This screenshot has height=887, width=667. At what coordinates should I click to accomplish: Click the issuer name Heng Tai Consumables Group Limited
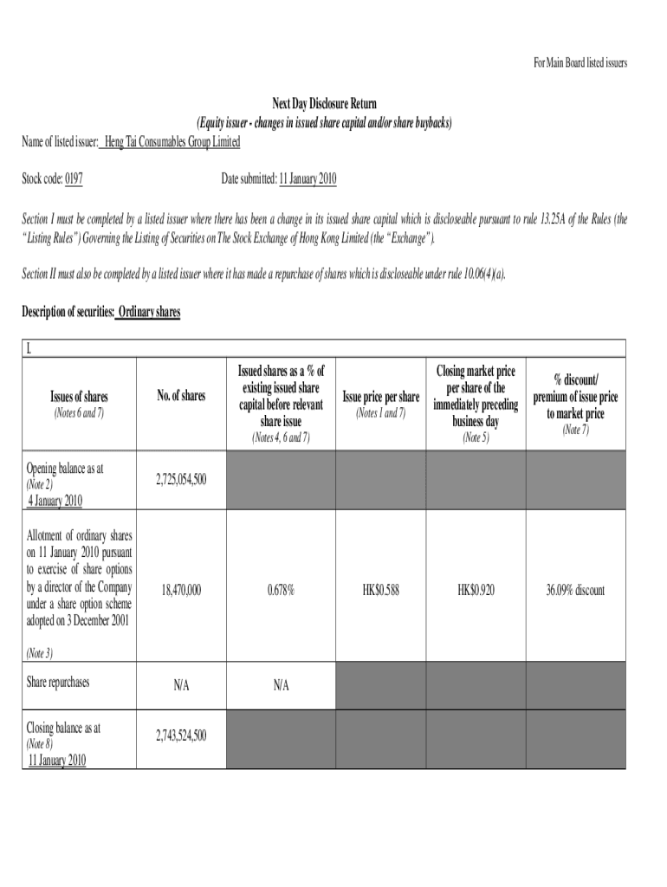point(171,141)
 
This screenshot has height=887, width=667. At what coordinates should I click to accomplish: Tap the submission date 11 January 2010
point(308,179)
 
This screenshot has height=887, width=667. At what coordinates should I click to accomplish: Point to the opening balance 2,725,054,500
point(181,478)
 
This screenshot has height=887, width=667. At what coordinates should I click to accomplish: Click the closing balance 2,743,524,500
point(181,736)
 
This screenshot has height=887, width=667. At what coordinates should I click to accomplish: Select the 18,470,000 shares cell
point(181,590)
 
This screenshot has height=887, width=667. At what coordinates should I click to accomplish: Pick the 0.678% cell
point(280,590)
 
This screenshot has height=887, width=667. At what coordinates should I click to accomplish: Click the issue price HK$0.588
point(380,590)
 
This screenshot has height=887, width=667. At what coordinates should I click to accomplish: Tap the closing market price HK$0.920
point(476,590)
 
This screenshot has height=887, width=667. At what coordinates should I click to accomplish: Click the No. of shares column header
point(181,396)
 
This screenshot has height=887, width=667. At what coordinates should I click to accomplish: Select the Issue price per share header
point(380,397)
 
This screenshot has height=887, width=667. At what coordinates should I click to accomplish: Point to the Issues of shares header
point(78,397)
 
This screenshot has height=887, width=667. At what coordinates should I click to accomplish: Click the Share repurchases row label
point(59,682)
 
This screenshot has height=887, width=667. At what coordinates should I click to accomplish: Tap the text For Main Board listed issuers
point(580,63)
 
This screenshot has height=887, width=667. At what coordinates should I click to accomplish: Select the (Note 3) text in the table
point(40,652)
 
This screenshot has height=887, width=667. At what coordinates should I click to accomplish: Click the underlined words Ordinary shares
point(148,312)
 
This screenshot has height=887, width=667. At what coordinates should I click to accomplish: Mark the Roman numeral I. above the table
point(29,349)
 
